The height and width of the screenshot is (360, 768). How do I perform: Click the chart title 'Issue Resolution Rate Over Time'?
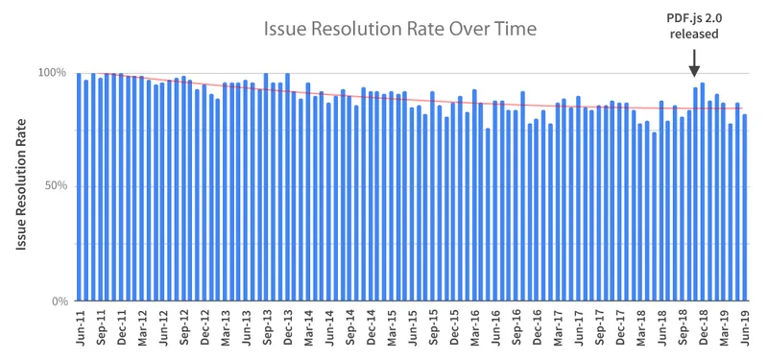tap(400, 30)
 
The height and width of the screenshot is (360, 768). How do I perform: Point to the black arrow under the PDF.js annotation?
tap(695, 64)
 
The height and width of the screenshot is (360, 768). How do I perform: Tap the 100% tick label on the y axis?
tap(52, 73)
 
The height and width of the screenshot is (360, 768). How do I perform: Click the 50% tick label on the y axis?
tap(55, 186)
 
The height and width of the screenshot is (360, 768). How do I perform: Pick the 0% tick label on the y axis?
tap(58, 301)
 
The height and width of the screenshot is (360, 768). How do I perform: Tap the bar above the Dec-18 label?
tap(703, 192)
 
